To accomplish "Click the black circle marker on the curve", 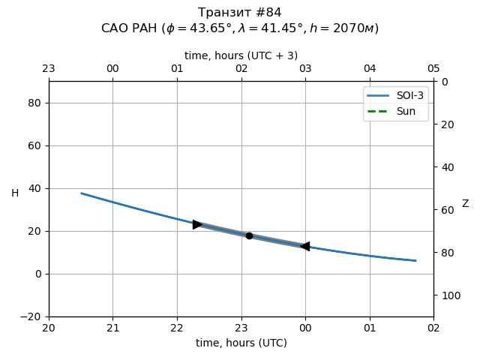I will (x=249, y=235).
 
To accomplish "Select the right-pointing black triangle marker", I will (x=198, y=224).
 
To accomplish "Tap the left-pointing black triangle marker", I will (x=304, y=246).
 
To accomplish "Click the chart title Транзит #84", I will (x=240, y=13).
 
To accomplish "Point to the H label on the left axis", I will (x=15, y=193).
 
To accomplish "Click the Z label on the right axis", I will (x=465, y=204).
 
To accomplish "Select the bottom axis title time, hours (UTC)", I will (x=241, y=343).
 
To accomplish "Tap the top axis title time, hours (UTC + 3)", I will (x=241, y=55).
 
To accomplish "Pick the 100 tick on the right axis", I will (x=448, y=295).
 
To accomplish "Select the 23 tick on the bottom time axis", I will (x=241, y=328).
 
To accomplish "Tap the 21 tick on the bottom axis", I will (x=113, y=328).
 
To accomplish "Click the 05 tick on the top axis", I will (x=433, y=69).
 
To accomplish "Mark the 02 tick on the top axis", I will (x=241, y=69).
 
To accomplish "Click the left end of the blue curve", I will (x=82, y=193).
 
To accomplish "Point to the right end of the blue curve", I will (x=415, y=261).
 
